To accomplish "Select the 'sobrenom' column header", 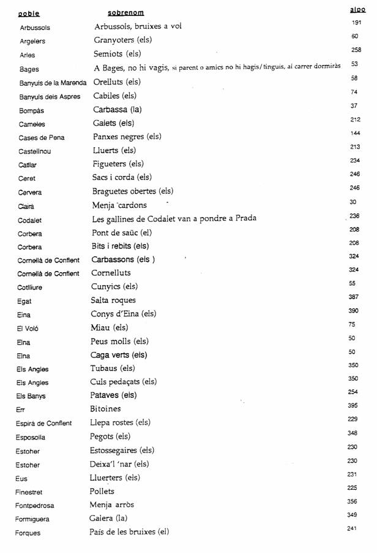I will pyautogui.click(x=125, y=13).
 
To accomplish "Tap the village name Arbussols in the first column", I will pyautogui.click(x=35, y=28).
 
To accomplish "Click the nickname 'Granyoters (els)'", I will pyautogui.click(x=123, y=40).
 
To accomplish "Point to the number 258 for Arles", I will pyautogui.click(x=356, y=50).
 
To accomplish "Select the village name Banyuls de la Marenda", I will pyautogui.click(x=53, y=82).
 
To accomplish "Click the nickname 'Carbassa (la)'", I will pyautogui.click(x=120, y=110).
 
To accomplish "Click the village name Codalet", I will pyautogui.click(x=30, y=219).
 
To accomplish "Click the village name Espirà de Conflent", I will pyautogui.click(x=44, y=423).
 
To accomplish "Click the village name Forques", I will pyautogui.click(x=28, y=533).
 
